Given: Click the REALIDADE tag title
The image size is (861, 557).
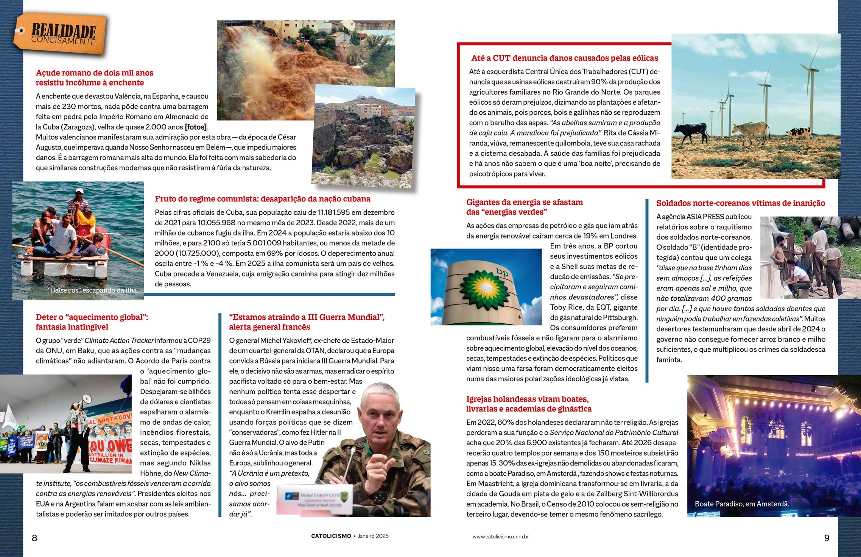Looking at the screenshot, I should click(x=63, y=30).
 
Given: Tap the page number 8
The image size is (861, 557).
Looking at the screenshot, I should click(x=34, y=538).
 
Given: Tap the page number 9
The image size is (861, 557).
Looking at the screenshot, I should click(x=827, y=538).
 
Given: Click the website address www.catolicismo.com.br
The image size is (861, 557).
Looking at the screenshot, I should click(x=500, y=537).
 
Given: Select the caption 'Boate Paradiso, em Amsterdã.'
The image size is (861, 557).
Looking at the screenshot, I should click(x=742, y=504).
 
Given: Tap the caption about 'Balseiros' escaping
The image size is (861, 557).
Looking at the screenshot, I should click(x=93, y=290).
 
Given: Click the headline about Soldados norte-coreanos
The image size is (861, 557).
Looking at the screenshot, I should click(x=740, y=203).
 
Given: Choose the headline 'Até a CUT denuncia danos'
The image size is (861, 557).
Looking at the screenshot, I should click(x=564, y=58).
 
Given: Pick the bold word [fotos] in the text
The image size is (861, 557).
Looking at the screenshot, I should click(x=196, y=127).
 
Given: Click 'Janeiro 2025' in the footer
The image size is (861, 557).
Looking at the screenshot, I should click(x=373, y=536).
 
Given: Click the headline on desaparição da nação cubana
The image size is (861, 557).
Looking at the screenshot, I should click(x=262, y=199).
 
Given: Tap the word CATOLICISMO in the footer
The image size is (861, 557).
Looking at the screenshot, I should click(x=331, y=536).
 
